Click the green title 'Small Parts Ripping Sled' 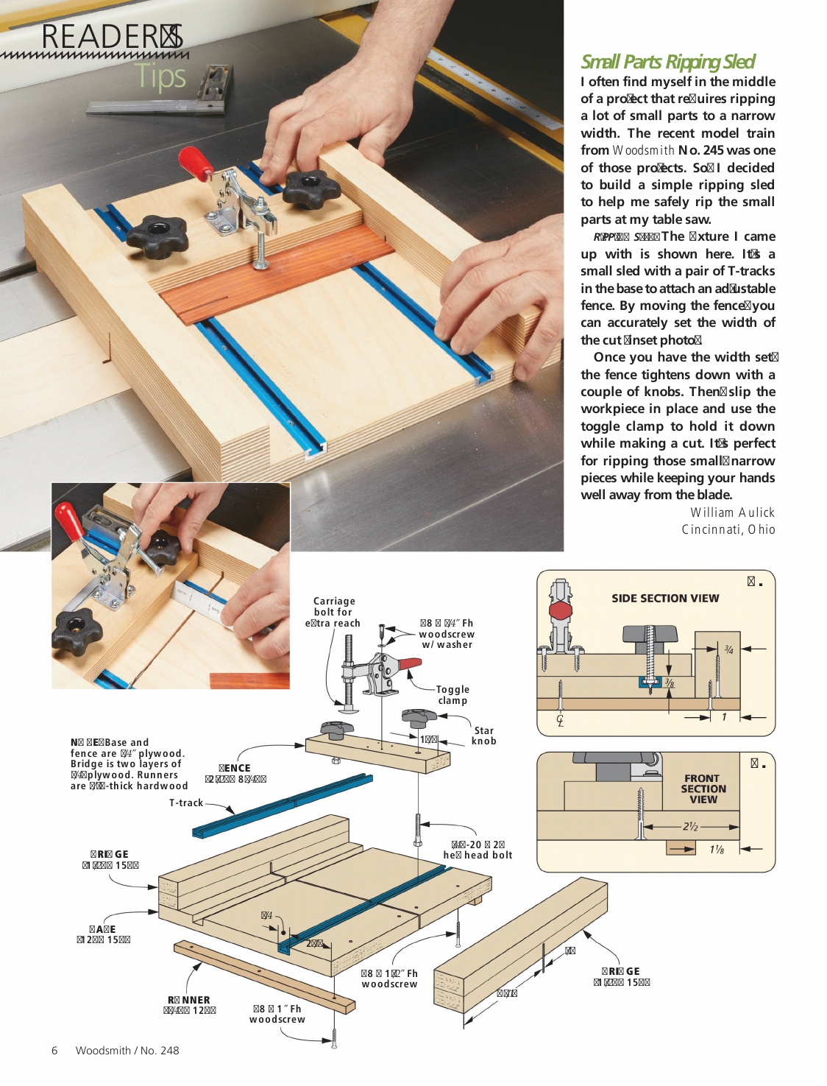[x=667, y=62]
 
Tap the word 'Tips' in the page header [x=160, y=77]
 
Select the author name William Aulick [x=731, y=512]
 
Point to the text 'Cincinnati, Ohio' [x=728, y=529]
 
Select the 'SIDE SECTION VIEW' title [x=665, y=599]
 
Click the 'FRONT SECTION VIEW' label [x=703, y=789]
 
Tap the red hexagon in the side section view [x=561, y=610]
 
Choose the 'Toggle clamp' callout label [x=452, y=695]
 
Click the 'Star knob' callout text [x=483, y=736]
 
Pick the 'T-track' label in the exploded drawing [x=185, y=803]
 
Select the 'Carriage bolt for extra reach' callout [x=333, y=612]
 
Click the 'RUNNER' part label [x=188, y=1000]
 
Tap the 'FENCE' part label [x=235, y=768]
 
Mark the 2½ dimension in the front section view [x=690, y=826]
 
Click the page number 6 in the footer [x=54, y=1051]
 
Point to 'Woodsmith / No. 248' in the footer [x=127, y=1051]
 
